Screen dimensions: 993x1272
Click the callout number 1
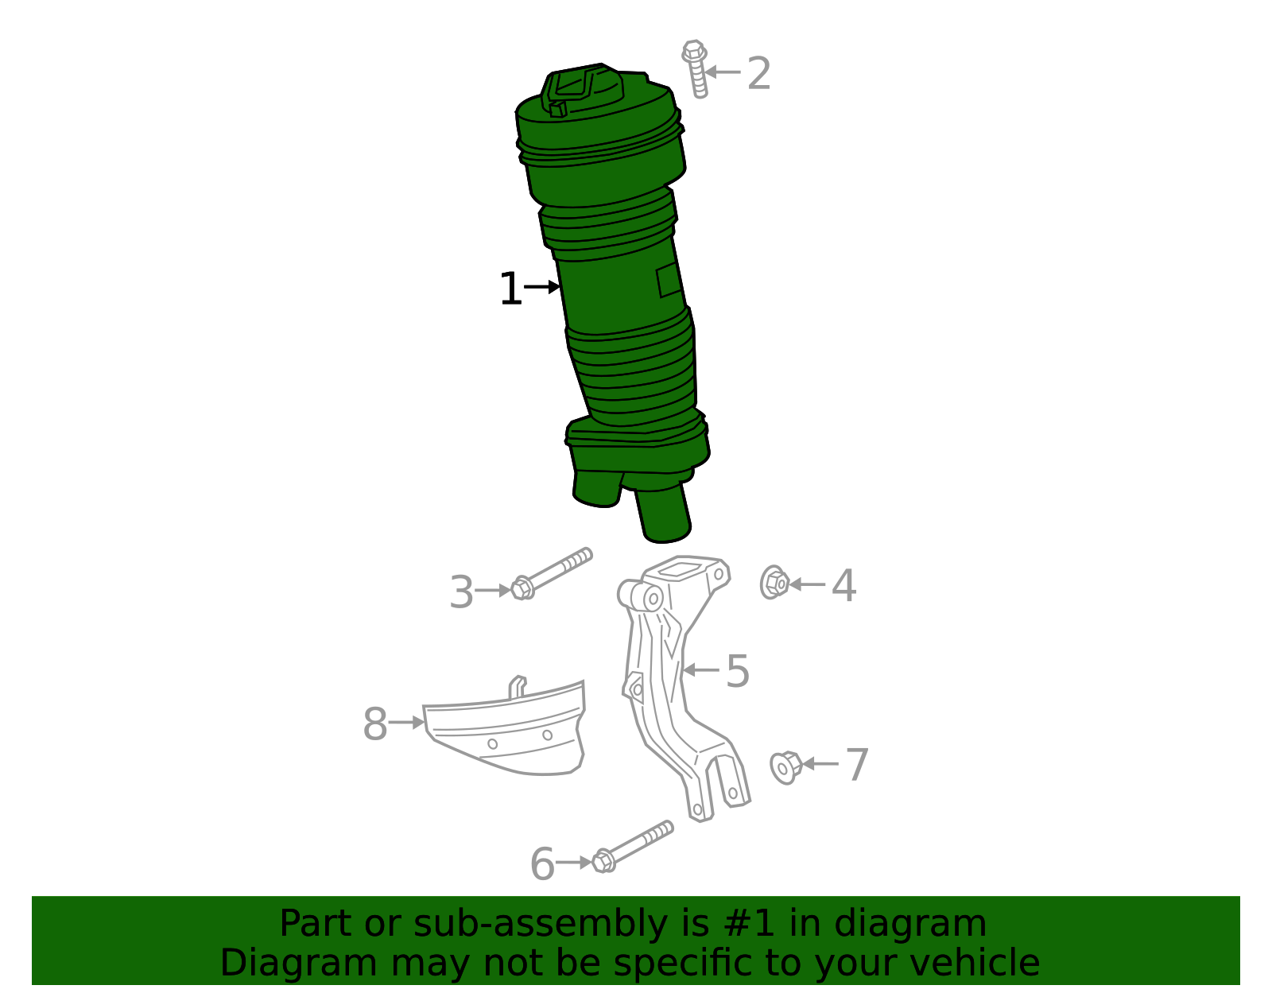pos(510,289)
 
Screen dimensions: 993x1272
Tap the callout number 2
pos(759,73)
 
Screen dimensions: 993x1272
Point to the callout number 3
pos(461,592)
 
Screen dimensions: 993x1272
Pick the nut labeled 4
pos(774,583)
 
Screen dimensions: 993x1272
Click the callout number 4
pos(843,586)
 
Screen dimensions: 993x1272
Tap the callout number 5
pos(738,671)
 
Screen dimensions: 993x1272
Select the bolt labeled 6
pos(633,846)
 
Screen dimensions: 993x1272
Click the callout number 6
pos(541,864)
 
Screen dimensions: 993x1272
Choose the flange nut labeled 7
pos(785,766)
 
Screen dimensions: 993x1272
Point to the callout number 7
pos(856,765)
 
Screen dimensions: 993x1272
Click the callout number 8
pos(374,724)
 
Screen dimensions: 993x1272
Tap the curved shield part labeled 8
pos(509,731)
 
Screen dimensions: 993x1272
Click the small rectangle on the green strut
pos(669,281)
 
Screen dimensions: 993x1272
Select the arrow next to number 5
pos(700,670)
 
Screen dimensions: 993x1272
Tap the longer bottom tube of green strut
pos(662,515)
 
